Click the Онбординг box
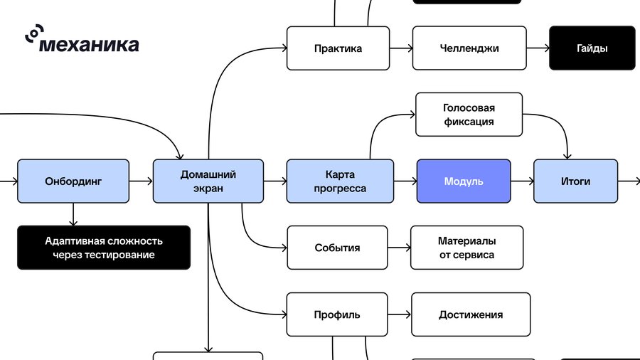click(x=73, y=181)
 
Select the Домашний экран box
click(x=208, y=181)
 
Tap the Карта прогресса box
click(x=340, y=181)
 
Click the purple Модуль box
click(x=464, y=181)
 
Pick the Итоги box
click(x=575, y=181)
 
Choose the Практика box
click(x=338, y=48)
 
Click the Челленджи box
click(x=469, y=48)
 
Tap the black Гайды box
click(x=592, y=48)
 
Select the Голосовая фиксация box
click(x=469, y=115)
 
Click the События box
click(x=337, y=248)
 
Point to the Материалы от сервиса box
click(x=467, y=248)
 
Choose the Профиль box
click(x=337, y=314)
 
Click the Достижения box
click(x=471, y=314)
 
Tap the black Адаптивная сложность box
click(x=104, y=248)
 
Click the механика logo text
click(x=89, y=45)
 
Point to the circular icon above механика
click(x=34, y=33)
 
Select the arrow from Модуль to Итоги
click(x=522, y=181)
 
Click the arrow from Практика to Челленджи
click(x=401, y=48)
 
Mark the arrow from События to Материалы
click(x=399, y=248)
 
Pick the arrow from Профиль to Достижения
click(x=399, y=314)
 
